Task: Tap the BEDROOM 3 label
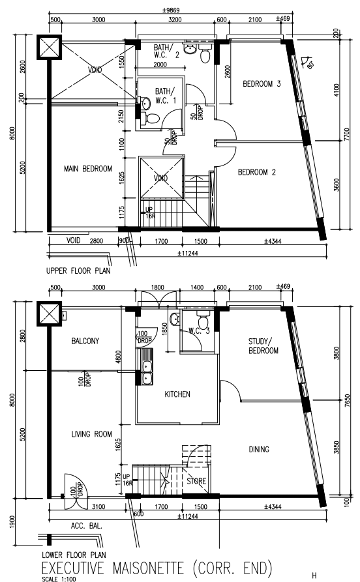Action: click(261, 84)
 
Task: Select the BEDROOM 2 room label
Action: click(257, 173)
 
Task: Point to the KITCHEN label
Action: click(177, 394)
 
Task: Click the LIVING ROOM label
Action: click(91, 434)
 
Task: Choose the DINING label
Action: click(259, 449)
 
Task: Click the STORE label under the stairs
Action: click(196, 482)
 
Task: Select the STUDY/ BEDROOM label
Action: click(263, 346)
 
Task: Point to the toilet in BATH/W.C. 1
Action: click(151, 117)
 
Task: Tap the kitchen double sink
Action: click(147, 368)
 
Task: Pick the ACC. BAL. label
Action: click(83, 523)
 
